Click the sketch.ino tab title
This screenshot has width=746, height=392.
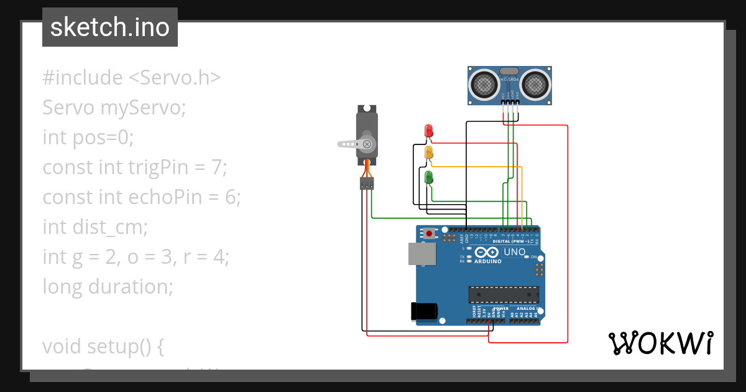tap(109, 27)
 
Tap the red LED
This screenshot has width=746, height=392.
tap(428, 131)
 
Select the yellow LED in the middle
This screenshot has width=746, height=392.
tap(428, 152)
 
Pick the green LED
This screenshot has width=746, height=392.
tap(428, 177)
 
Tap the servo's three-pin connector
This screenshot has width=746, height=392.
tap(367, 183)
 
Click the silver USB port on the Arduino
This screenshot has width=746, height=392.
tap(421, 254)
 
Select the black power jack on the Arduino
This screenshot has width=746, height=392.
tap(424, 310)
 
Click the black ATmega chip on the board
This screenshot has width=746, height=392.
tap(504, 294)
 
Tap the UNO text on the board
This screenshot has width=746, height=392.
tap(515, 252)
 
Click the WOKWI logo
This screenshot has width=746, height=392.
tap(660, 343)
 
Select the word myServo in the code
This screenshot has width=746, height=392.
tap(143, 108)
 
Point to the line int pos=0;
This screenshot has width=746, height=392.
tap(88, 137)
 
